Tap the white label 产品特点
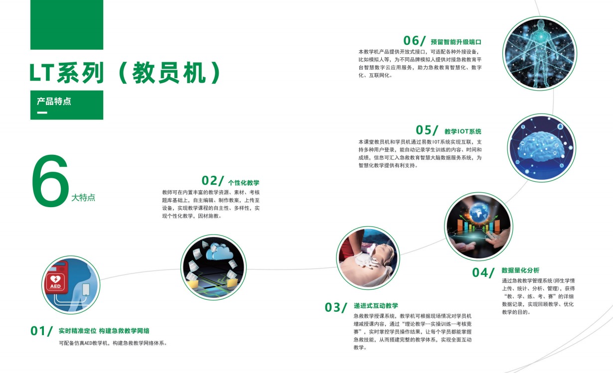tap(54, 101)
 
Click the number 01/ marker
tap(41, 331)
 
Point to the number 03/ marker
tap(335, 307)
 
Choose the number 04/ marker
tap(483, 272)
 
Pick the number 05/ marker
tap(427, 130)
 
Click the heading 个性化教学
tap(244, 183)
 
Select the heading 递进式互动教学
tap(376, 306)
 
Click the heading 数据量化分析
tap(520, 270)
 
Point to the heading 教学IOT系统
tap(463, 131)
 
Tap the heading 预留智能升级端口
tap(456, 42)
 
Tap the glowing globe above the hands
tap(481, 212)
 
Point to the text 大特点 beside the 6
tap(83, 198)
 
